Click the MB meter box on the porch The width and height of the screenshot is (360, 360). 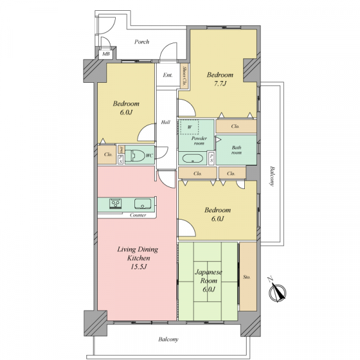pos(106,54)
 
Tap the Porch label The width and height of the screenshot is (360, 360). pos(142,42)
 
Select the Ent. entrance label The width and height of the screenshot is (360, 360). pos(167,75)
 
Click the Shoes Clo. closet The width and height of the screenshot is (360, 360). pos(184,76)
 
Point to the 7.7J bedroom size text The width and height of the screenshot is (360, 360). pos(220,83)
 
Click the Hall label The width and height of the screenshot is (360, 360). pos(166,122)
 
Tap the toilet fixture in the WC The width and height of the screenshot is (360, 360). pos(135,155)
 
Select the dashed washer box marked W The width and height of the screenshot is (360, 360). pos(190,127)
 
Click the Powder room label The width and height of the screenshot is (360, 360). pos(199,140)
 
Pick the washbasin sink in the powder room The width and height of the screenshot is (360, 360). pos(193,158)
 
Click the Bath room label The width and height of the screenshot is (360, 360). pos(236,150)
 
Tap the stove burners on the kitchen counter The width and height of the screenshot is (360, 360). pos(115,203)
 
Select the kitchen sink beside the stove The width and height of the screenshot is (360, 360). pos(143,203)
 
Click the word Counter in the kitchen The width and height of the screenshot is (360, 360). pos(138,215)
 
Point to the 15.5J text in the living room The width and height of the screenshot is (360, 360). pos(139,267)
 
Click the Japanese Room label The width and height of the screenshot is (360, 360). pos(208,277)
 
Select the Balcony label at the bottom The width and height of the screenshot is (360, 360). pos(168,340)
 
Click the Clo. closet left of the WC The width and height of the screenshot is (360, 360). pos(107,155)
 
